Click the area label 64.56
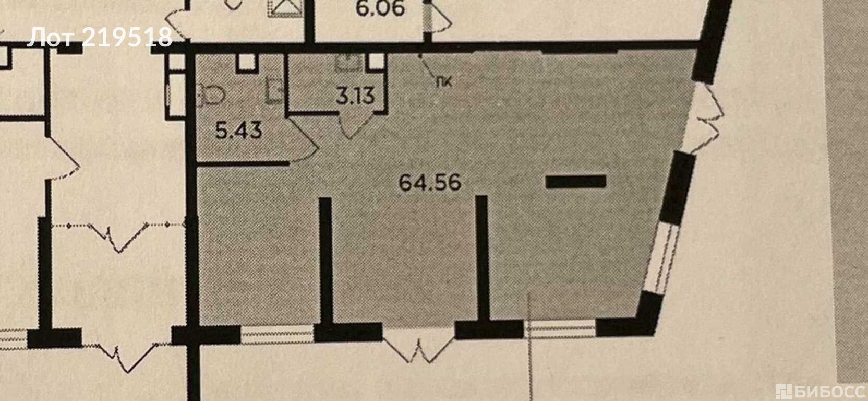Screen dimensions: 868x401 tap(430, 183)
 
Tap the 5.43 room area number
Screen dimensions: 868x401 tap(239, 131)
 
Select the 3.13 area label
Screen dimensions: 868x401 tap(355, 96)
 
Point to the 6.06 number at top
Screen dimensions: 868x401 tap(380, 8)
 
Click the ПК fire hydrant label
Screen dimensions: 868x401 tap(444, 82)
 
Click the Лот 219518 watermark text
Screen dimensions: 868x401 tap(100, 38)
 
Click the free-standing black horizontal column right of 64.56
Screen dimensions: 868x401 tap(576, 182)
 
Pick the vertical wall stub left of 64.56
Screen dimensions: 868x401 tap(325, 260)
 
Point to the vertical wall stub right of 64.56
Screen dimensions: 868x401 tap(481, 258)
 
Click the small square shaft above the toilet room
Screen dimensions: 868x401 tap(247, 63)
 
